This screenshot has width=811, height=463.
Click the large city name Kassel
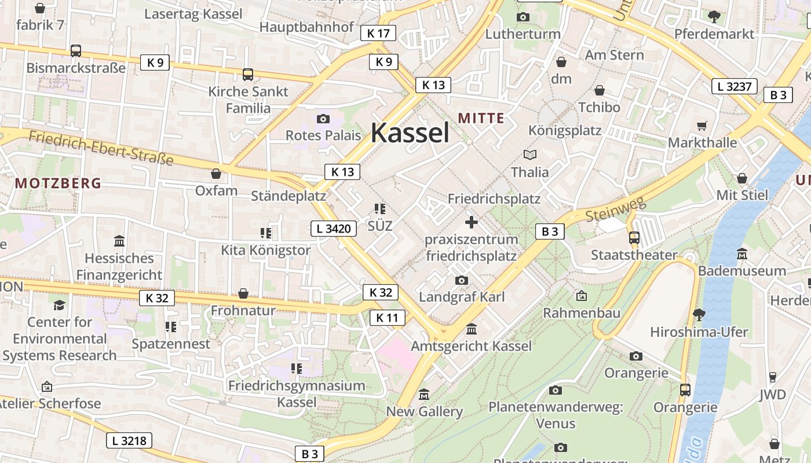tap(410, 133)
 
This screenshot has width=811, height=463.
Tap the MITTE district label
tap(481, 118)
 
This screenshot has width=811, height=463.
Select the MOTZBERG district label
tap(58, 183)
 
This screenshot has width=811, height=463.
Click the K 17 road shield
tap(378, 33)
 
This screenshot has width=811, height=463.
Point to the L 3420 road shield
tap(334, 229)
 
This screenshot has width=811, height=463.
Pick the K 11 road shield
tap(387, 317)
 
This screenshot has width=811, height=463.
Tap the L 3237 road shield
tap(734, 87)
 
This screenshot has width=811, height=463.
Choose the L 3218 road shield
tap(129, 440)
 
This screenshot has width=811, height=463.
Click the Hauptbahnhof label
tap(306, 27)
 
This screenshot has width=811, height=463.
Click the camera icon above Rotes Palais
tap(323, 119)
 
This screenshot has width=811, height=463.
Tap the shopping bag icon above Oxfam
tap(216, 174)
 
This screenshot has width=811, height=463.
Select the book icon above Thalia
tap(529, 155)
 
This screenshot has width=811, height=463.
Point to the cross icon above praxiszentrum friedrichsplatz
tap(472, 222)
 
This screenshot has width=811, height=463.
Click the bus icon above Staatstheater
tap(634, 237)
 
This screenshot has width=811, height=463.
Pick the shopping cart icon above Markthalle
tap(702, 126)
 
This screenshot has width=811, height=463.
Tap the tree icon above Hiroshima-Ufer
tap(699, 315)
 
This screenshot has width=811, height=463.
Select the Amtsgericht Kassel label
tap(471, 346)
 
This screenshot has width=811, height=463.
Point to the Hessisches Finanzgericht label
tap(119, 266)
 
